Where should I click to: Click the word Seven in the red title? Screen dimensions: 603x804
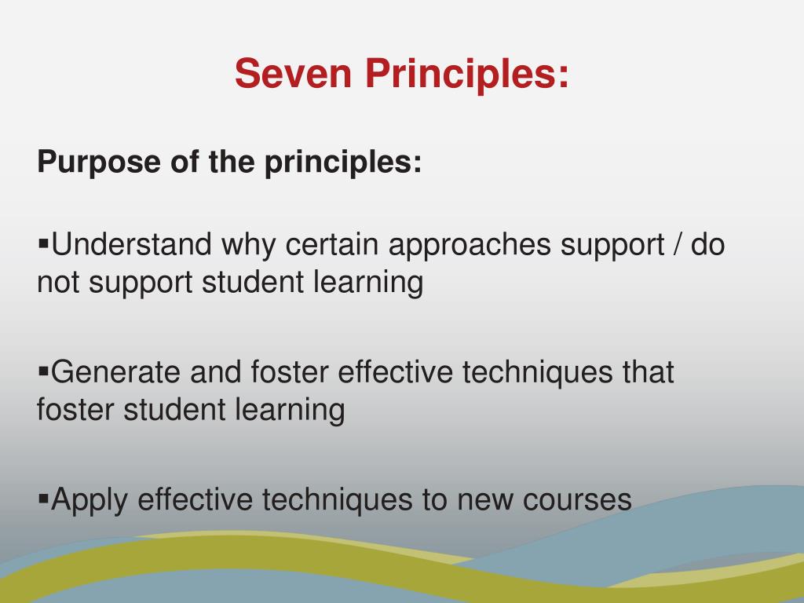coord(289,74)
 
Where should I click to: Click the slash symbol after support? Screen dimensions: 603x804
coord(677,245)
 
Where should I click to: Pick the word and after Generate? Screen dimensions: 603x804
coord(216,371)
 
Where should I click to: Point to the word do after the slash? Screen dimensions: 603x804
coord(708,245)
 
